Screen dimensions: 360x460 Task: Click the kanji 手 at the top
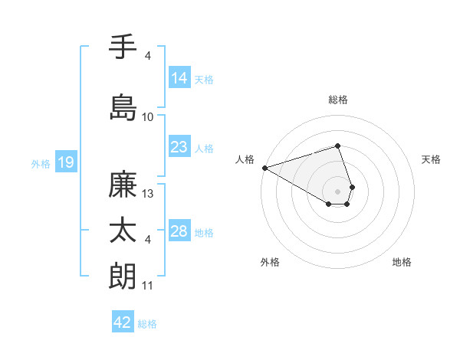coord(123,48)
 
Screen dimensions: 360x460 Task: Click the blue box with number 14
coord(179,78)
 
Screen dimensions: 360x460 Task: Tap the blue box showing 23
coord(179,147)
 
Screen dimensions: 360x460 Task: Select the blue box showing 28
coord(179,231)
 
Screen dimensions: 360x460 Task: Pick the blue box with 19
coord(65,162)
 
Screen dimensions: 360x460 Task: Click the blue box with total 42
coord(123,322)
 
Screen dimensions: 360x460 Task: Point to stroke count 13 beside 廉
coord(149,194)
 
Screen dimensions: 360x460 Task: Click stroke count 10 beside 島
coord(148,117)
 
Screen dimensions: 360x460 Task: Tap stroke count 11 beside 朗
coord(148,286)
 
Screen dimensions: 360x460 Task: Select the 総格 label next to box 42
coord(147,324)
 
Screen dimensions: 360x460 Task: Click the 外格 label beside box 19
coord(41,163)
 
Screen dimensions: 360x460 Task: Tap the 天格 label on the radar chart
coord(431,159)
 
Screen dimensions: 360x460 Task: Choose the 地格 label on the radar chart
coord(402,262)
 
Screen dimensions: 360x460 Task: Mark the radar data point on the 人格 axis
coord(264,168)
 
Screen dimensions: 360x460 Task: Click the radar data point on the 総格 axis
coord(337,146)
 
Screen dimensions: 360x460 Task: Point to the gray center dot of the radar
coord(337,191)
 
